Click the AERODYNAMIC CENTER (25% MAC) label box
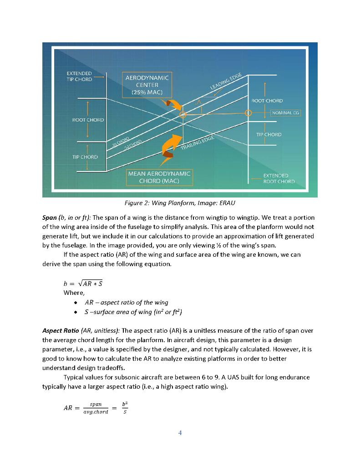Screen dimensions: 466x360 click(147, 85)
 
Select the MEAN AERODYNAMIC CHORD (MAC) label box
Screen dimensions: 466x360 click(159, 177)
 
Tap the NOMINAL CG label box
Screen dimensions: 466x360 click(286, 112)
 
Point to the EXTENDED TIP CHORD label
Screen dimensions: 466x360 click(79, 76)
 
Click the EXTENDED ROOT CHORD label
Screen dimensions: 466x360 click(279, 178)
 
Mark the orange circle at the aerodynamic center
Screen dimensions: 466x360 click(183, 115)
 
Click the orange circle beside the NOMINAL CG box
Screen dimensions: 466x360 click(248, 112)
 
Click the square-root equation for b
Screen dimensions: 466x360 click(83, 284)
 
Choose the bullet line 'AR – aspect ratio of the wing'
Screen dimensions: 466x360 click(126, 302)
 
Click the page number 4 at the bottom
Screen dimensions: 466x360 click(180, 432)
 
